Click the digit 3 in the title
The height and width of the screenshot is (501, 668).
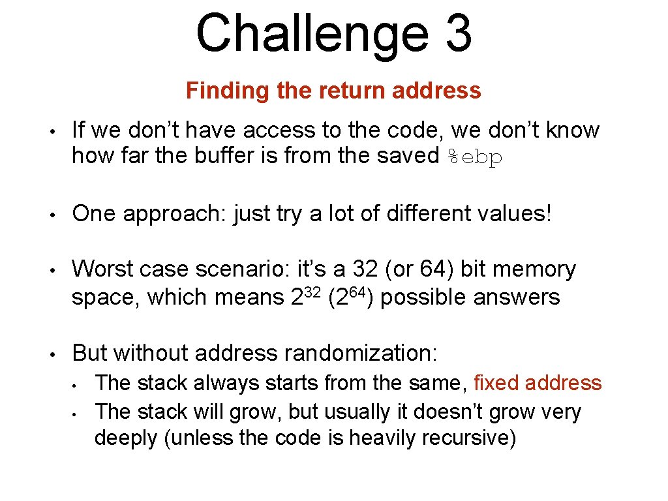(x=459, y=34)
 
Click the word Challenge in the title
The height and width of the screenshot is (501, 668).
(x=312, y=34)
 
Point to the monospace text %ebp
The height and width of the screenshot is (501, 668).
(x=475, y=157)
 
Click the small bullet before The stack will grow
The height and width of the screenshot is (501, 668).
(x=76, y=412)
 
